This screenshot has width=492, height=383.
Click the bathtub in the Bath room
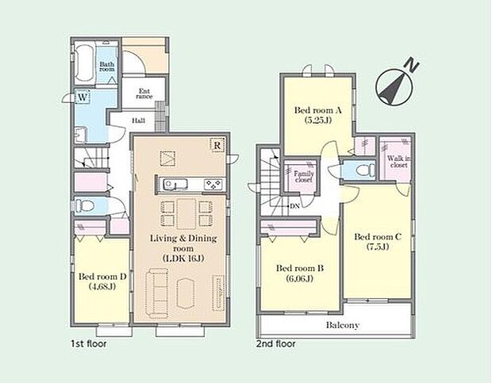84,63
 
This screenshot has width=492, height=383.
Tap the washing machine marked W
83,97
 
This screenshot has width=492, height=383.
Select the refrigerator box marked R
217,145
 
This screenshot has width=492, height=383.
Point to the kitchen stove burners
213,184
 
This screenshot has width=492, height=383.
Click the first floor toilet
84,206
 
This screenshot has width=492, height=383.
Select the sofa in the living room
156,292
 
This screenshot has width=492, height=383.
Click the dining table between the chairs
186,214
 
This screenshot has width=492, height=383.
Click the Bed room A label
318,110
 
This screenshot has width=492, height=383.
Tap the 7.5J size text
378,247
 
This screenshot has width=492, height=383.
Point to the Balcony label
343,325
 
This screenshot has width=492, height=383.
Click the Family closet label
304,177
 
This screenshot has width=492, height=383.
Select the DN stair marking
294,206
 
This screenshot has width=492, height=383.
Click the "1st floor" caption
89,344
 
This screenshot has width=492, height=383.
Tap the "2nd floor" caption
276,344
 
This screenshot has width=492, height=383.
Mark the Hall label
138,121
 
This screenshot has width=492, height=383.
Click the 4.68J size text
102,286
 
